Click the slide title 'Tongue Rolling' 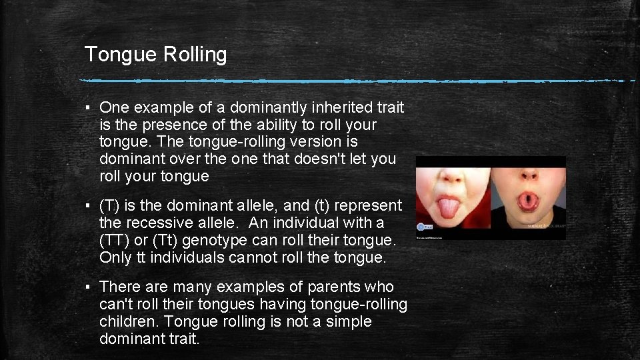tap(155, 55)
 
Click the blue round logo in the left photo tap(423, 227)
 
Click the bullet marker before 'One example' tap(89, 108)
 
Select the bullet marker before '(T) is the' tap(89, 206)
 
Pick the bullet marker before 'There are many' tap(89, 288)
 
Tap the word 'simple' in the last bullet tap(349, 322)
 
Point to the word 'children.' tap(129, 322)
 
